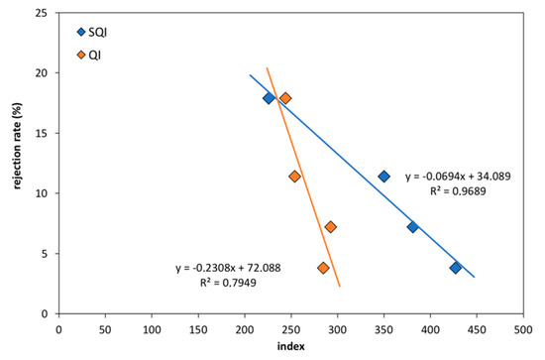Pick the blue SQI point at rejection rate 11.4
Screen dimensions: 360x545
[384, 177]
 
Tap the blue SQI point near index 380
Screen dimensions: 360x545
[413, 227]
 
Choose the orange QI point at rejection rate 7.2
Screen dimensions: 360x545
[331, 227]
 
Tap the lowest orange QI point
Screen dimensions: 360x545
[323, 268]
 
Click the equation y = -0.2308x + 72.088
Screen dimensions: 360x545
[231, 269]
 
